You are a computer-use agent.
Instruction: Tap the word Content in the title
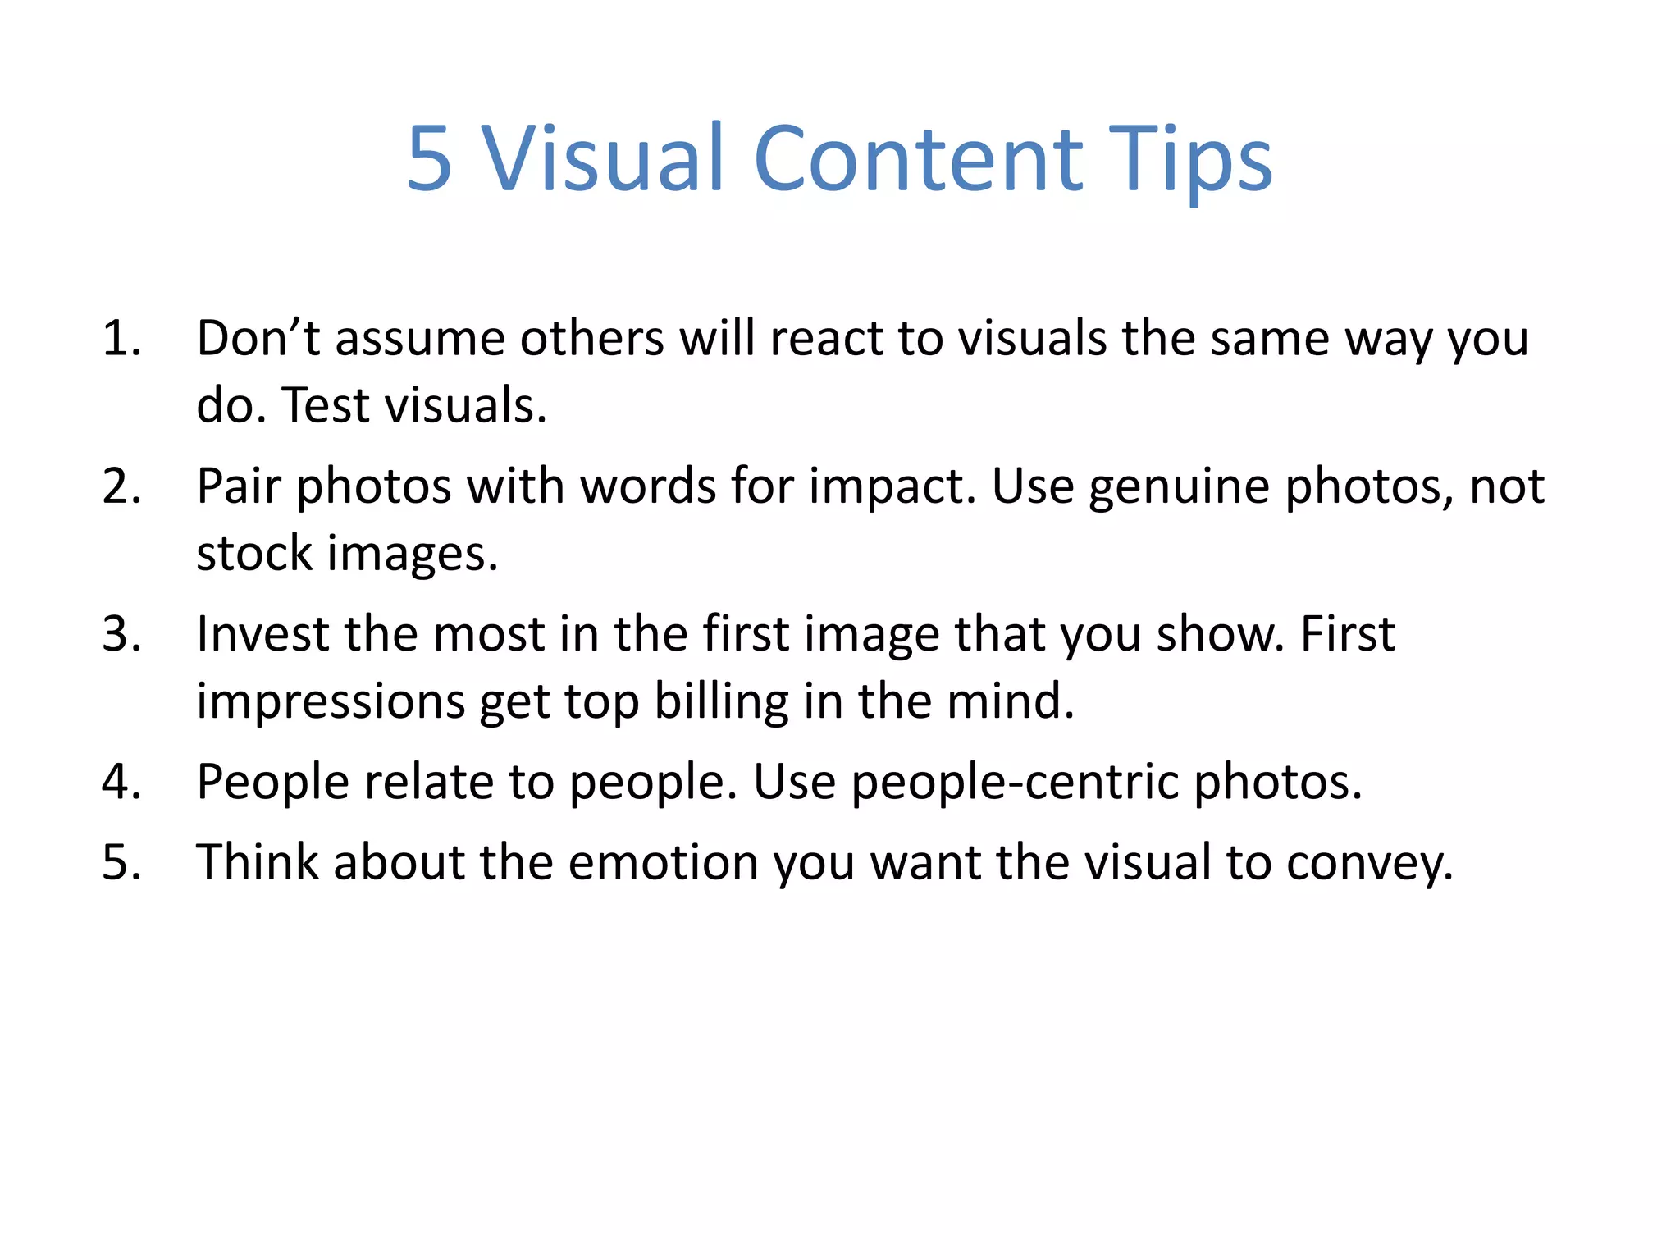pyautogui.click(x=918, y=157)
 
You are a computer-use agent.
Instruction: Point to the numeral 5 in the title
pyautogui.click(x=429, y=159)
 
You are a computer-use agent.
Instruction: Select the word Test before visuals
pyautogui.click(x=326, y=405)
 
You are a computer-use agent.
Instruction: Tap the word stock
pyautogui.click(x=254, y=553)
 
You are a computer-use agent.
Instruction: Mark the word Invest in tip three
pyautogui.click(x=262, y=634)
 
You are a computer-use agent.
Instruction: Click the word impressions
pyautogui.click(x=330, y=702)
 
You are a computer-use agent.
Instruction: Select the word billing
pyautogui.click(x=721, y=702)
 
